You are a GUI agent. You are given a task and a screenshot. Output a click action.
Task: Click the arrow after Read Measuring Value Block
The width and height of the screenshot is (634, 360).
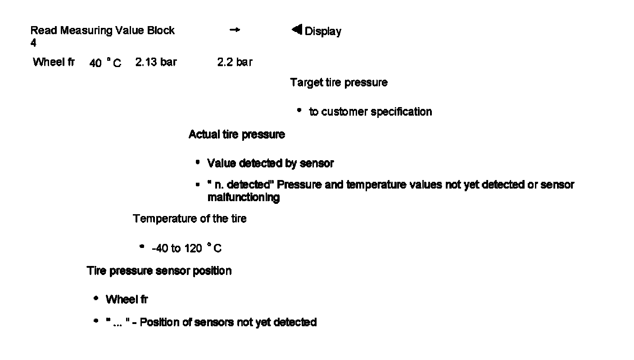(x=235, y=30)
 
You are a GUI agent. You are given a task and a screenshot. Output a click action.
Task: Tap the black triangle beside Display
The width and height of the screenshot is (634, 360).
(x=296, y=30)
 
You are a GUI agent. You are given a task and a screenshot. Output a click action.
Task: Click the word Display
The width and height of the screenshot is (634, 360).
(x=323, y=31)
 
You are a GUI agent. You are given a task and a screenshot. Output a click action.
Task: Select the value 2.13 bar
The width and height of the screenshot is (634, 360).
(x=156, y=63)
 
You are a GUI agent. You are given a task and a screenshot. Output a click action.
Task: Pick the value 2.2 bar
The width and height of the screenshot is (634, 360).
(x=235, y=63)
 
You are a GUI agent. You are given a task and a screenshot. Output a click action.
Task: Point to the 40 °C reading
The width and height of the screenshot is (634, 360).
(x=105, y=63)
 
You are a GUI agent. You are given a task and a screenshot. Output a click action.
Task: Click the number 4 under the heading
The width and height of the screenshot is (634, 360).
(x=33, y=43)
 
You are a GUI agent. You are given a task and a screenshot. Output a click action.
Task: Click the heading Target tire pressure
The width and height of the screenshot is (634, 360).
(x=339, y=83)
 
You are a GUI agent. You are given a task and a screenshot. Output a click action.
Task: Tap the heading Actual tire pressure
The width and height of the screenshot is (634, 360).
(x=236, y=135)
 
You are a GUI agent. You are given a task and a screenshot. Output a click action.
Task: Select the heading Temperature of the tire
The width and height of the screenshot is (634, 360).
(x=190, y=219)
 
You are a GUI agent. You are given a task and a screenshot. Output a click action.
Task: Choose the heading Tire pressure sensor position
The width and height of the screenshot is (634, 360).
(x=159, y=271)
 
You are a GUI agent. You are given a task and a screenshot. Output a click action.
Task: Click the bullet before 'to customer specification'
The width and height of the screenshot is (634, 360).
(x=299, y=110)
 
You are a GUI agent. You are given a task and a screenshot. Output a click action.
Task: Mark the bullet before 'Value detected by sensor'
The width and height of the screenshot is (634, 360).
(x=198, y=162)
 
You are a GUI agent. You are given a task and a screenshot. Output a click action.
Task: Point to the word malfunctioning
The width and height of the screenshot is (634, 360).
(x=243, y=198)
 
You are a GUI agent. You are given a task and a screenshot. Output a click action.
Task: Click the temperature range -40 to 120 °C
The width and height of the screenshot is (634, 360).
(x=186, y=248)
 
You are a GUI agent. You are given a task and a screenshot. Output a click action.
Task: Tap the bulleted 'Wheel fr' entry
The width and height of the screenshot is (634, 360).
(x=127, y=300)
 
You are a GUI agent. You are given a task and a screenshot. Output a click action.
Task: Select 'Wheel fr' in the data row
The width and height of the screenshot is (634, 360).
(x=54, y=62)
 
